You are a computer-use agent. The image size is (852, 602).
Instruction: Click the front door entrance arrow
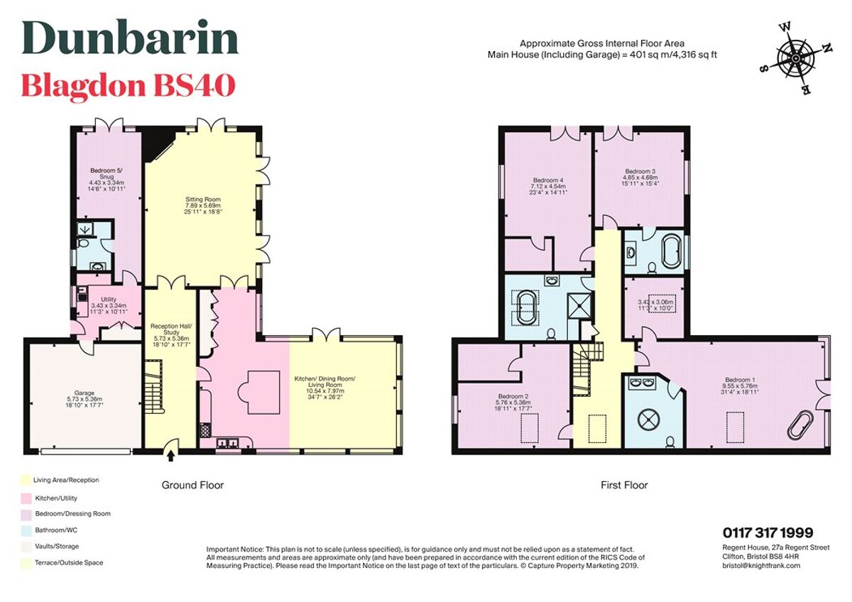point(170,446)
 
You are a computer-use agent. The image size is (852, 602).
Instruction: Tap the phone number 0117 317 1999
point(768,532)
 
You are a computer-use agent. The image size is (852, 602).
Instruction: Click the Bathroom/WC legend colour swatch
point(26,530)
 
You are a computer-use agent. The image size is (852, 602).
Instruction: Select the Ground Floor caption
point(192,486)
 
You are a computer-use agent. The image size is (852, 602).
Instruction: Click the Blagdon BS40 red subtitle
point(128,86)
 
